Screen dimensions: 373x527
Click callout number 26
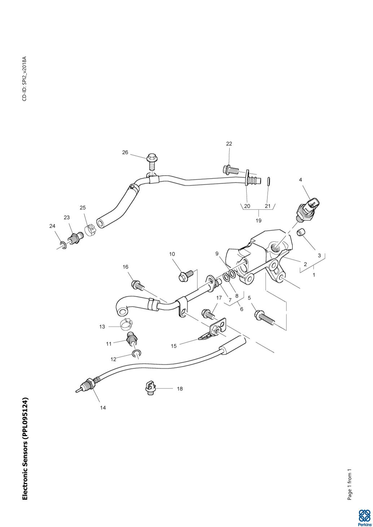click(125, 153)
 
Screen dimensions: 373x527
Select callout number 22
click(229, 144)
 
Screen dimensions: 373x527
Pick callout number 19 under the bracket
click(259, 220)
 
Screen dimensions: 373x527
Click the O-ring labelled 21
click(269, 181)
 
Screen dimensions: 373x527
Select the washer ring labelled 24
click(63, 245)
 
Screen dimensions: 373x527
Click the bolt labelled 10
click(186, 276)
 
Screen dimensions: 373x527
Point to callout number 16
click(125, 267)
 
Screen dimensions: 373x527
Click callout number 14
click(103, 408)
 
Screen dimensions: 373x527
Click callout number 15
click(174, 346)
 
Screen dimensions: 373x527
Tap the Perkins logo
click(364, 517)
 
